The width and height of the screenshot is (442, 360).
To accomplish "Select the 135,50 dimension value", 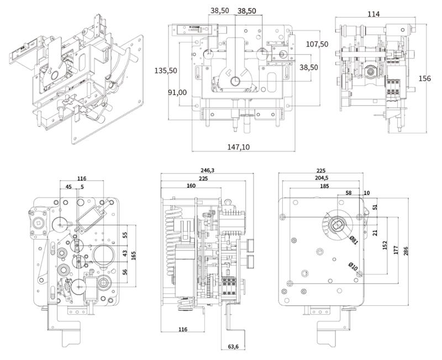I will pyautogui.click(x=165, y=71).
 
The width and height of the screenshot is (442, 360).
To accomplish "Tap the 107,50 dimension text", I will pyautogui.click(x=317, y=44).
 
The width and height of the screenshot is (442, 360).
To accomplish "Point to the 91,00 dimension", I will pyautogui.click(x=177, y=92).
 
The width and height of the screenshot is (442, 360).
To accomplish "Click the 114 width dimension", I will pyautogui.click(x=373, y=14).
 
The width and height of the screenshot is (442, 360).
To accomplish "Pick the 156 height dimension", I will pyautogui.click(x=425, y=78).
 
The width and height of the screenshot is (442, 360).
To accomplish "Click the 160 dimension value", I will pyautogui.click(x=191, y=186).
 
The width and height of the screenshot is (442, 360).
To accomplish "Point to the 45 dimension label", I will pyautogui.click(x=69, y=187).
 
